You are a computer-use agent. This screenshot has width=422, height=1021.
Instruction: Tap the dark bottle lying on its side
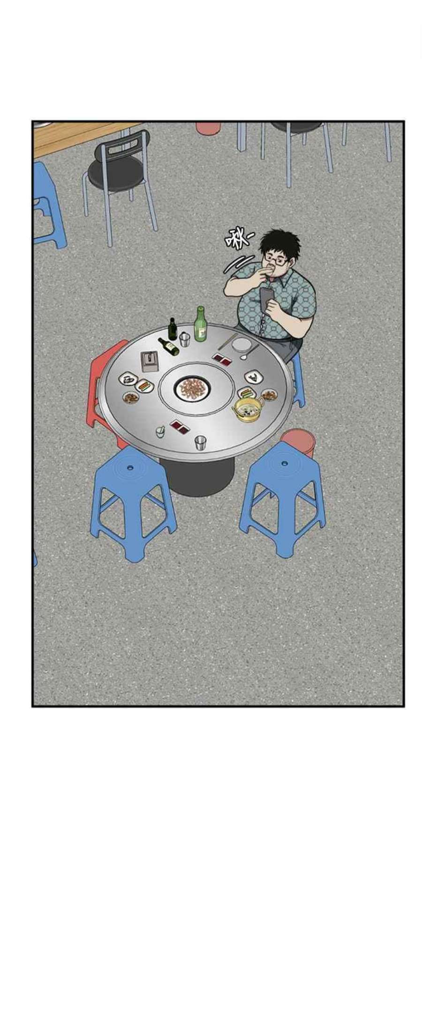click(168, 346)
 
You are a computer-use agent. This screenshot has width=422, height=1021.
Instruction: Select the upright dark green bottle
click(173, 329)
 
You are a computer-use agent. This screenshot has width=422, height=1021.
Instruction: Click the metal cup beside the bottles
click(184, 339)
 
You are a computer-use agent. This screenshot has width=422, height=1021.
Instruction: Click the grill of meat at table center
click(192, 388)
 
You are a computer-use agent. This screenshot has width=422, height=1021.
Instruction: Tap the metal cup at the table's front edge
click(201, 442)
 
